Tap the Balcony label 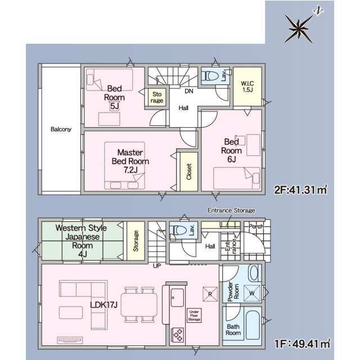61,129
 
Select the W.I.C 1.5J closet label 247,86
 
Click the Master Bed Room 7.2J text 130,161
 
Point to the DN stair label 189,91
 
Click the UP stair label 157,266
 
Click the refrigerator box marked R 210,294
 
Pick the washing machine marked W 252,293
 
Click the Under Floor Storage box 194,316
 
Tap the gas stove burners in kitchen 178,335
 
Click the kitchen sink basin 177,298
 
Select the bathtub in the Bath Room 252,325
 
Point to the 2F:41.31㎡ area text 301,190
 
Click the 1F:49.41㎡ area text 302,344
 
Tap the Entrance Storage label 231,210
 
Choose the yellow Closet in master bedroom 189,172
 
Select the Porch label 256,226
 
